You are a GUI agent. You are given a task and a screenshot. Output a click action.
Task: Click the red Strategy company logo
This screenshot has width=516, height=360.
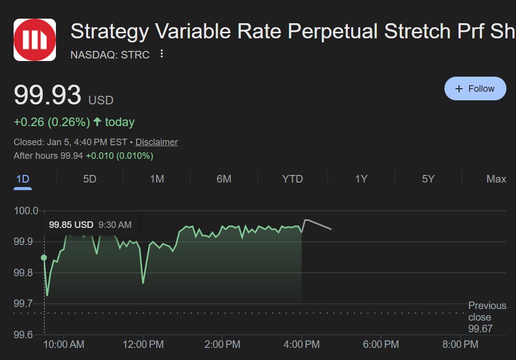(x=35, y=40)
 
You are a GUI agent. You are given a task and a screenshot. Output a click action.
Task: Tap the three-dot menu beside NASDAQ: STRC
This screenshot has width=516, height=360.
(x=162, y=53)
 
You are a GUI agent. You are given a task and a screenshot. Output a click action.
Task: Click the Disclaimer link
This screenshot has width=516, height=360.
(x=157, y=142)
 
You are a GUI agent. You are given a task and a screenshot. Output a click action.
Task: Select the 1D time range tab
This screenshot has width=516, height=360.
(x=23, y=179)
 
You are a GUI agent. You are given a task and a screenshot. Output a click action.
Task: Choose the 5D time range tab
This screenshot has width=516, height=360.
(x=90, y=179)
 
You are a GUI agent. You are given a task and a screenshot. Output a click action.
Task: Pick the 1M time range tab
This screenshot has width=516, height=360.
(x=157, y=179)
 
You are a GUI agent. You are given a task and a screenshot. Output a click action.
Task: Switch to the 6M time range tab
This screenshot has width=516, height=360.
(x=224, y=179)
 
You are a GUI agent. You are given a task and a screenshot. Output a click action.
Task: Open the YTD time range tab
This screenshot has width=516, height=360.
(x=292, y=179)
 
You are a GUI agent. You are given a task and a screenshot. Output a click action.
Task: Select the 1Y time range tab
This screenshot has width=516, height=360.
(x=361, y=179)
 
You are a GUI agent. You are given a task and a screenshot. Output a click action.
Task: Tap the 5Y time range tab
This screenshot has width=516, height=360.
(x=428, y=179)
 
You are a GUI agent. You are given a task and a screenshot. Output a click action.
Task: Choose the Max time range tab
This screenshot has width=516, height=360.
(x=496, y=179)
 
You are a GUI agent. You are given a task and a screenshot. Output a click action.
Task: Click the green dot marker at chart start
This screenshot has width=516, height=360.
(x=44, y=258)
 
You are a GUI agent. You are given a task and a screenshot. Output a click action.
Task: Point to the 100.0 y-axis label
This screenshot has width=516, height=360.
(x=26, y=211)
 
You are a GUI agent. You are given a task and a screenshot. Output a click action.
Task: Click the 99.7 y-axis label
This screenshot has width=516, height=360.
(x=23, y=304)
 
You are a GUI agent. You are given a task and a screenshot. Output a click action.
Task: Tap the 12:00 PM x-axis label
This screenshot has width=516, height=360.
(x=143, y=344)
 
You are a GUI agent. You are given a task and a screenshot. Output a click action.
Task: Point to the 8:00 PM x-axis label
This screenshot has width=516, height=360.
(x=460, y=344)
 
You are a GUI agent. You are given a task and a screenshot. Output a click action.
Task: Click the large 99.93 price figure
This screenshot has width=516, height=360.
(x=47, y=95)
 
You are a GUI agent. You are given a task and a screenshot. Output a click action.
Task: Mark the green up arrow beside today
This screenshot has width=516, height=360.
(x=97, y=122)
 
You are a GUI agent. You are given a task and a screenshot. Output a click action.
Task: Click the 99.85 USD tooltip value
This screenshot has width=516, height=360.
(x=71, y=225)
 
